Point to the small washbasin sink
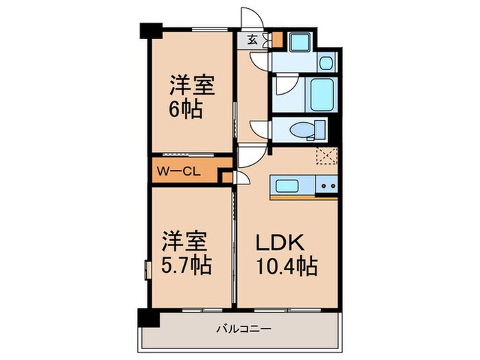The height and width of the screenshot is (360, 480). (x=326, y=64)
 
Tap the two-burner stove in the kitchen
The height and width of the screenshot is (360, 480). (x=327, y=184)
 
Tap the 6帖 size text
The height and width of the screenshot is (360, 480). (x=187, y=110)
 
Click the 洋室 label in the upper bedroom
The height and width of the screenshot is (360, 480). (x=193, y=87)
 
